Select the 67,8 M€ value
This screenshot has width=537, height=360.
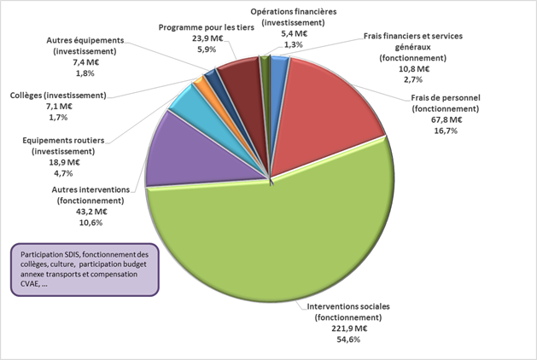445,119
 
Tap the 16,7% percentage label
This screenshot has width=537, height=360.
445,131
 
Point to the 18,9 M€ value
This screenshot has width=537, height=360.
62,161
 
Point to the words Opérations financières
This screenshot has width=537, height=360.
293,12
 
